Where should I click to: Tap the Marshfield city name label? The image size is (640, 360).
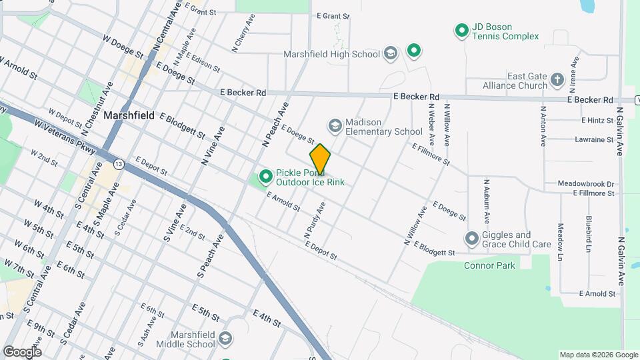click(129, 115)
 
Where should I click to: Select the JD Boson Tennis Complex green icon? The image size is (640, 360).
click(461, 31)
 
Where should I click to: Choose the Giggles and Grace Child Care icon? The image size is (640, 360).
click(472, 238)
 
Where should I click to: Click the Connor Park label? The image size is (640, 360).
click(489, 265)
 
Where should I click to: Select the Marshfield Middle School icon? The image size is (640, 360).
click(226, 339)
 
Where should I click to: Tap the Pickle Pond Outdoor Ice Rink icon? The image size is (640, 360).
click(265, 177)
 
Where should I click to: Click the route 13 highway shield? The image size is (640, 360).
click(119, 163)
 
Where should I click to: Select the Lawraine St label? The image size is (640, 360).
click(594, 140)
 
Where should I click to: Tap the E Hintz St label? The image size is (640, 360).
click(597, 120)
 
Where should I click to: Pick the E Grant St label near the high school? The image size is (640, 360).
click(333, 15)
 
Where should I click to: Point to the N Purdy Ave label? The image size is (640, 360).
click(317, 220)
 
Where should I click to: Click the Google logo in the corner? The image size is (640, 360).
click(22, 351)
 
